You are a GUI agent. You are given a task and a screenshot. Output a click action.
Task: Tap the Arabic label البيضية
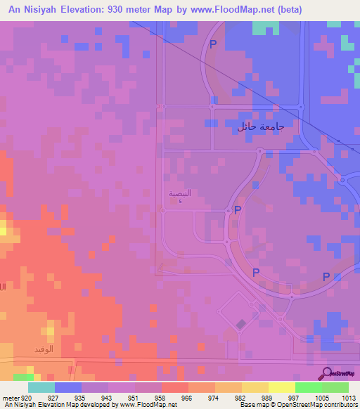180,193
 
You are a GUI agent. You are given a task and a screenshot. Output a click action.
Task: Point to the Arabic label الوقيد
42,349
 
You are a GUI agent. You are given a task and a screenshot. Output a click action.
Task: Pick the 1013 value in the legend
349,398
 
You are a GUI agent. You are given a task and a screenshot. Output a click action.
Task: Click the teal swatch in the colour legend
41,387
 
